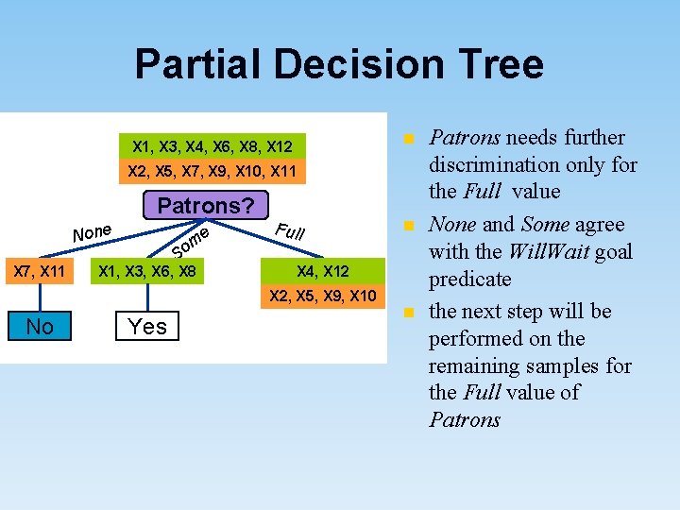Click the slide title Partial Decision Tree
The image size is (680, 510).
[339, 64]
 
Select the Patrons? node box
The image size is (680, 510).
[206, 205]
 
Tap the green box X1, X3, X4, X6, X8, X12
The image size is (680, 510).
[212, 146]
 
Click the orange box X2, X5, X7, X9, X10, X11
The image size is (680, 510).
[212, 172]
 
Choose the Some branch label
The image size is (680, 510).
[190, 242]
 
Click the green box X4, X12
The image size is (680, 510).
[323, 271]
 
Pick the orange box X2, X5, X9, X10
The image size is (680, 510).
[323, 296]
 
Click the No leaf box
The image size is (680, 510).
[40, 327]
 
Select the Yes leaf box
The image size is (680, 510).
[147, 327]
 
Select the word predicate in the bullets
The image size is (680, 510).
[469, 280]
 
